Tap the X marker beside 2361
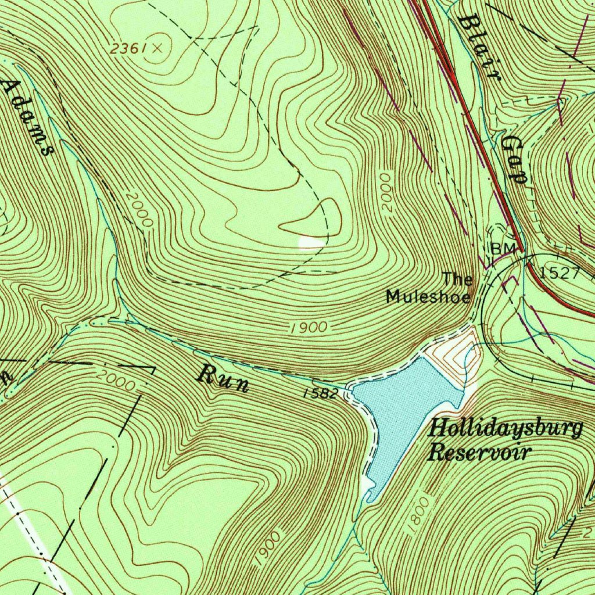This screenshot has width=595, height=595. [157, 49]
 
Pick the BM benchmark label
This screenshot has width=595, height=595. [503, 249]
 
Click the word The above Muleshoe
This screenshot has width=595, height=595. [458, 279]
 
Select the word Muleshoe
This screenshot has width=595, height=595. [428, 297]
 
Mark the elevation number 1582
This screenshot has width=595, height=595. [321, 393]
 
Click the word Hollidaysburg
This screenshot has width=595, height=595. [504, 430]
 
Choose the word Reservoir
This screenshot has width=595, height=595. [479, 452]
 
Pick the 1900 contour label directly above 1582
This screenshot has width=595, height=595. [309, 328]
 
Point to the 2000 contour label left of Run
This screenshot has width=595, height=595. [116, 380]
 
